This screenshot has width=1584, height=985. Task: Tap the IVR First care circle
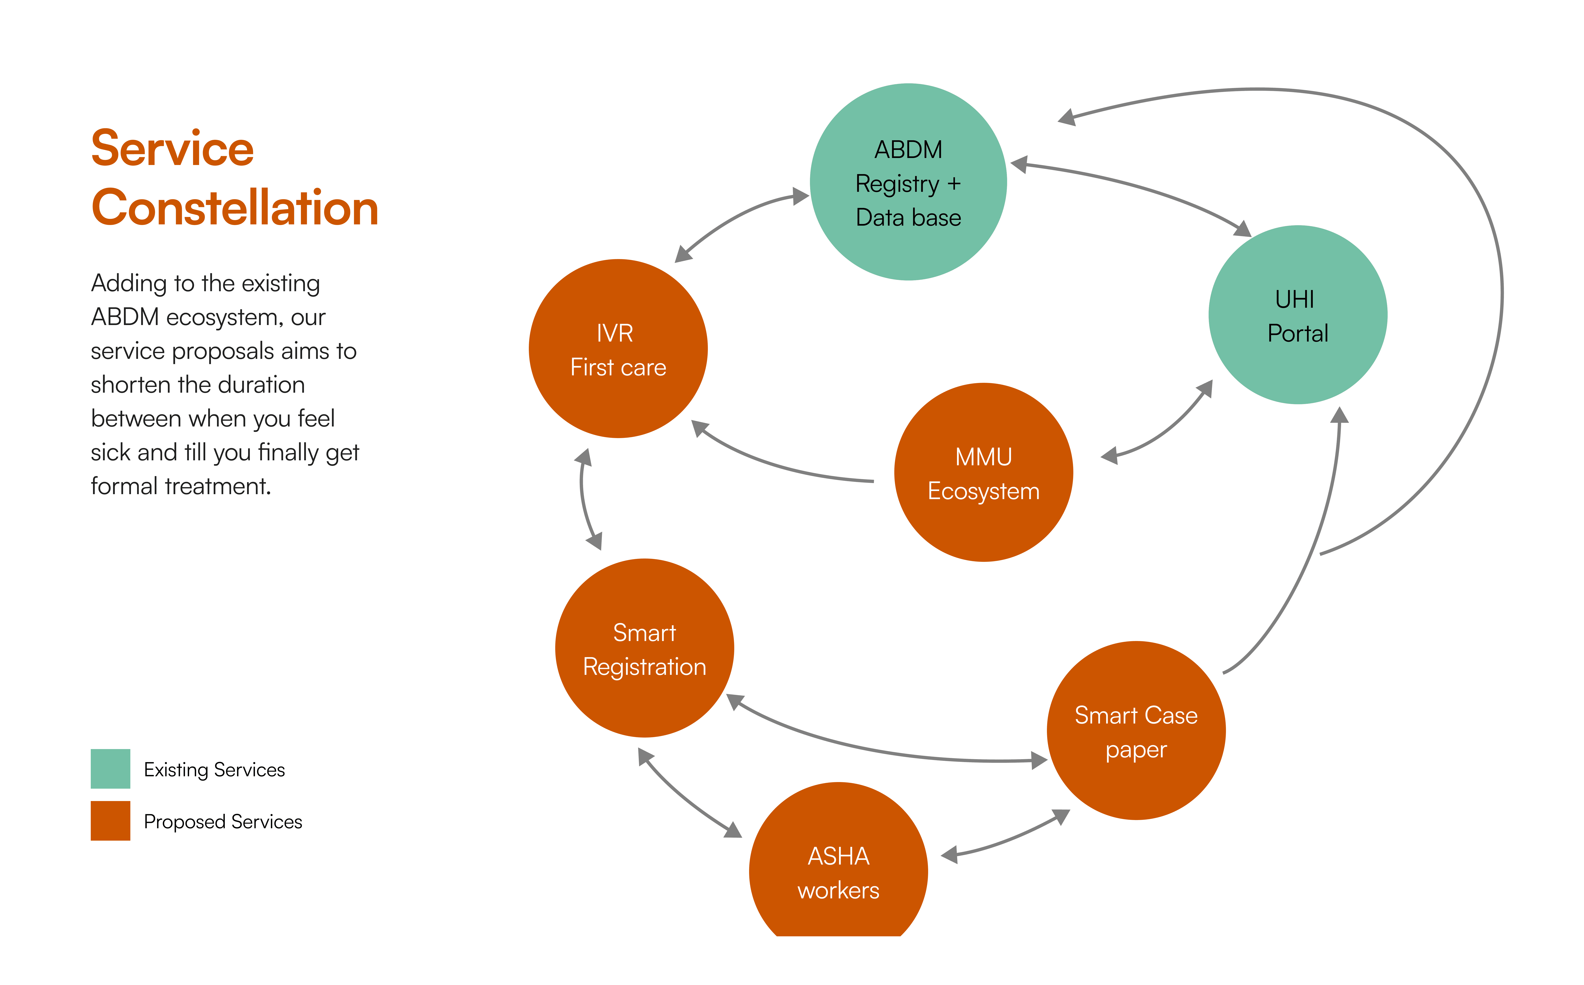[618, 349]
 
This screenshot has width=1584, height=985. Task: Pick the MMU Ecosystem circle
[983, 473]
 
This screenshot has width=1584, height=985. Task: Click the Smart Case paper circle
[1136, 731]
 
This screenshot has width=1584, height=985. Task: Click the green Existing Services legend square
[110, 769]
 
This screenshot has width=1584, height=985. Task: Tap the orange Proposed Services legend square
[110, 821]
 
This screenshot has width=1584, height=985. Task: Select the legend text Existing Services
[214, 770]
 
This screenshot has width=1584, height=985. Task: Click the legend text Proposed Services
[223, 822]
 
